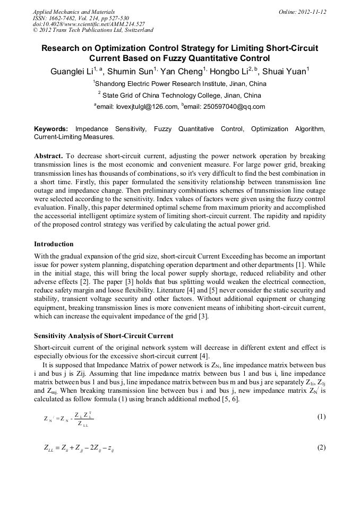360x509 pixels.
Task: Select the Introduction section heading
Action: coord(54,244)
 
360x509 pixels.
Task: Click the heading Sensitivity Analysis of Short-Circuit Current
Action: coord(104,336)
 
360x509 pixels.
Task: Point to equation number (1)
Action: coord(321,417)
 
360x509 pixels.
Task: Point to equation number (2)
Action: coord(321,447)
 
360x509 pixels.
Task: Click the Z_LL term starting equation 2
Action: coord(52,448)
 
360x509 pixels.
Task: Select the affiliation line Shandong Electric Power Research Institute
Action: coord(180,83)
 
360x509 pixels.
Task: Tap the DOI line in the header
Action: coord(89,24)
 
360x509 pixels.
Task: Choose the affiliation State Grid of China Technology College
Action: coord(181,96)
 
